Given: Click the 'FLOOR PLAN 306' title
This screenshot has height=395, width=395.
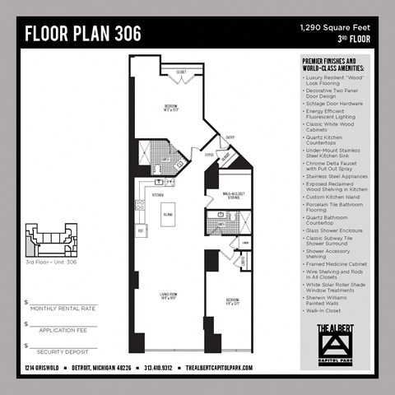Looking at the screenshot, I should click(x=82, y=34).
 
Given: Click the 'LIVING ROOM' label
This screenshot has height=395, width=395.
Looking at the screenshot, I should click(x=168, y=298).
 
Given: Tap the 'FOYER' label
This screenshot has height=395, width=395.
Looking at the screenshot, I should click(x=209, y=154).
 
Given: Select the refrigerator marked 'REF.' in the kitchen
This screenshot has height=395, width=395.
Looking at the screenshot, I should click(x=141, y=230).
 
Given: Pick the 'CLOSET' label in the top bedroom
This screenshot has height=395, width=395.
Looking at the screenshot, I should click(x=181, y=72).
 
